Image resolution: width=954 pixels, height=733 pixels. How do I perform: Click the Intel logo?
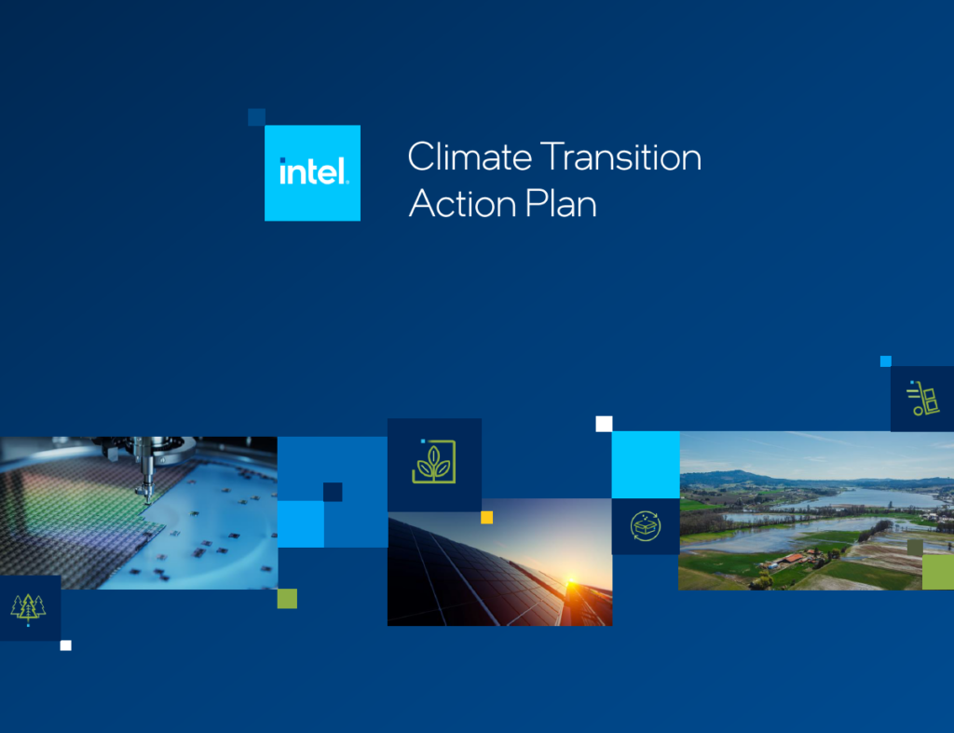pos(312,172)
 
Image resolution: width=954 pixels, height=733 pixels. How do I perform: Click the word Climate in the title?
pos(470,157)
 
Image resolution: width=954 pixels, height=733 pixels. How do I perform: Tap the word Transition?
pos(620,157)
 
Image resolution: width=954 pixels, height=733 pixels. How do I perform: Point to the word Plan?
pos(560,203)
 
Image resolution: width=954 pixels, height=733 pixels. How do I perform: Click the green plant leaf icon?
pos(434,462)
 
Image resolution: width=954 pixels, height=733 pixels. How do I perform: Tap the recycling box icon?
pos(646,526)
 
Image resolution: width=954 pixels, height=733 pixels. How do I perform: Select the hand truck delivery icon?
pos(923,399)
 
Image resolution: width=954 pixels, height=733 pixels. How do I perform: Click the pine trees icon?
pos(29,609)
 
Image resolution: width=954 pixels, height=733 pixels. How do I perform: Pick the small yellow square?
pos(486,518)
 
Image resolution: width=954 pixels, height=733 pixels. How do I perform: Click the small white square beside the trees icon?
pos(66,645)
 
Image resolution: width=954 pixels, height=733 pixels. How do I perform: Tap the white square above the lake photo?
pos(604,424)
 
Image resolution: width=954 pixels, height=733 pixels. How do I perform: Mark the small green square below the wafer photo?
pos(287,599)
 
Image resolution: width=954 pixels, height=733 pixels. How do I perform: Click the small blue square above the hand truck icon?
pos(886,361)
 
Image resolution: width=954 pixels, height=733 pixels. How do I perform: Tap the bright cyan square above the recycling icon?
pos(646,465)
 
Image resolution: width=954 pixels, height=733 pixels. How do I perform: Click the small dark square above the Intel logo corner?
pos(257,117)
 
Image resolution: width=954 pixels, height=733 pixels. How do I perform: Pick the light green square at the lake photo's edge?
pos(938,572)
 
